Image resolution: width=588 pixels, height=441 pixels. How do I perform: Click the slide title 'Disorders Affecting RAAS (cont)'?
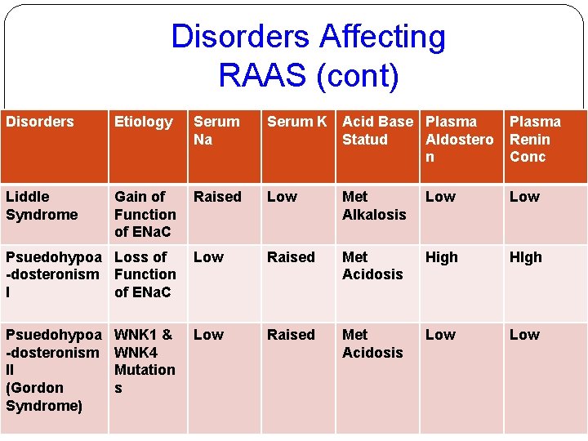(x=308, y=56)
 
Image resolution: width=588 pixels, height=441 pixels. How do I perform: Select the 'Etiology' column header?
(x=144, y=122)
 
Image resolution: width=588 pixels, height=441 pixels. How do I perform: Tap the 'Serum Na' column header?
(x=216, y=131)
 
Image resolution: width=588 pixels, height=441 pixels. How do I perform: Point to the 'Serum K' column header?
(x=296, y=122)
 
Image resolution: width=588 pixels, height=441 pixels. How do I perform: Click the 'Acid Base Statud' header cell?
(x=377, y=131)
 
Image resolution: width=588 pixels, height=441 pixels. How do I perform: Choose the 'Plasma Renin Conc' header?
(x=535, y=139)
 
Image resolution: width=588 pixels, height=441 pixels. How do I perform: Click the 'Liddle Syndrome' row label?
(x=42, y=206)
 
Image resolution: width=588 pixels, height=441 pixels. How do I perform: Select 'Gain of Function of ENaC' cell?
(x=145, y=214)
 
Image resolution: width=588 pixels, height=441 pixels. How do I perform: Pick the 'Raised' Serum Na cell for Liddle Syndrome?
(x=217, y=197)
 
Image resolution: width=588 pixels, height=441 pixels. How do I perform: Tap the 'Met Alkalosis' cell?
(x=373, y=206)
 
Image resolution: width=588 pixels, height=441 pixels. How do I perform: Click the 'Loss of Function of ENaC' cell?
(x=145, y=274)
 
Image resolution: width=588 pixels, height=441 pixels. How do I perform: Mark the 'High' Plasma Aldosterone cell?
(x=442, y=257)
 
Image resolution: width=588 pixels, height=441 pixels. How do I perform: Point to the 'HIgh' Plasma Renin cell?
(x=525, y=257)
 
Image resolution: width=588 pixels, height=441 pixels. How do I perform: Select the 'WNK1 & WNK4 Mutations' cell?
(x=145, y=361)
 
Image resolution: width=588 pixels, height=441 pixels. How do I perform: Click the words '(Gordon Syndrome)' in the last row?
(x=43, y=396)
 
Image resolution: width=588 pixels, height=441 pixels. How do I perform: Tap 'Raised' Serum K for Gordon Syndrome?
(x=291, y=335)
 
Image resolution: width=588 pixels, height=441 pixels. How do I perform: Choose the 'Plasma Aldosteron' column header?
(x=459, y=139)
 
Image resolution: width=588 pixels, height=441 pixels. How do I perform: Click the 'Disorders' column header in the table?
(x=40, y=122)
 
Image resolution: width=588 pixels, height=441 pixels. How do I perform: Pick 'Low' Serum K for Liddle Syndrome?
(x=283, y=197)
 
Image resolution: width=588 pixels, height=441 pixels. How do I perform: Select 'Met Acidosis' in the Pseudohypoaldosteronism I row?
(x=372, y=265)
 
